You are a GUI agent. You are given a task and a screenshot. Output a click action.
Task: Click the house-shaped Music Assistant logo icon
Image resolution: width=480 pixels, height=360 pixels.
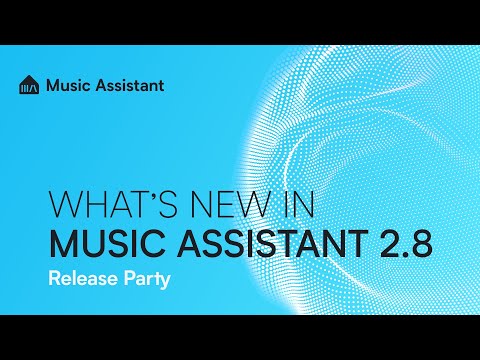[x=29, y=85]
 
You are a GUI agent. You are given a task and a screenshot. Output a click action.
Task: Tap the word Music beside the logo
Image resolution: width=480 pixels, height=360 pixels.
[x=68, y=85]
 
